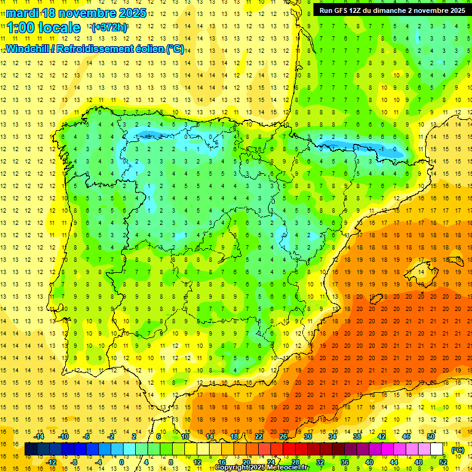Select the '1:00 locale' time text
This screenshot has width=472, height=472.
[43, 28]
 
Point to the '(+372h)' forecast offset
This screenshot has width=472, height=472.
[109, 28]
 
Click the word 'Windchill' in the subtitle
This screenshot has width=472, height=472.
[28, 49]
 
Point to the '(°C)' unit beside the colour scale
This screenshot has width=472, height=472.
[458, 450]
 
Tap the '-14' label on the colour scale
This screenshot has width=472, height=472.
[40, 436]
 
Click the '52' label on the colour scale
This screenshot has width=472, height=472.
[443, 462]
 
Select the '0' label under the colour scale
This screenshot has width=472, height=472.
[122, 462]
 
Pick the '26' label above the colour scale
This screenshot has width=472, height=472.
[283, 436]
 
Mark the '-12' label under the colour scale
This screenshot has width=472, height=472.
[52, 462]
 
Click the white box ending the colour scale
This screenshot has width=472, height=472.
[437, 449]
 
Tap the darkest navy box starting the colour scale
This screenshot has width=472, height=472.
[31, 449]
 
